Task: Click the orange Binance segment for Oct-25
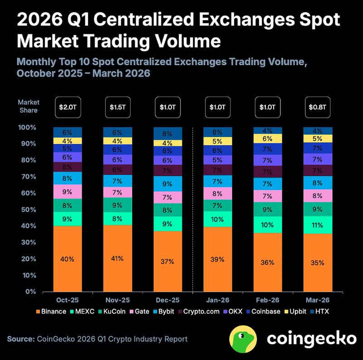67,259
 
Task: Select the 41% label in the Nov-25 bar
117,259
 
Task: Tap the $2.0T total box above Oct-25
67,108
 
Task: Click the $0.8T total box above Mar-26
317,108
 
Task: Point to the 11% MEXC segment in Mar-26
317,225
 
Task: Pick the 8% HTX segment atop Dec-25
167,134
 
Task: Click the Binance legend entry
54,312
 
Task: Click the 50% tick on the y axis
28,210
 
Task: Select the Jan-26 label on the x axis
217,301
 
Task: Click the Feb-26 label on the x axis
267,301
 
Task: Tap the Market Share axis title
29,106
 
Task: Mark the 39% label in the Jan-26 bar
217,259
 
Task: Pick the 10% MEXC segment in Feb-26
267,225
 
